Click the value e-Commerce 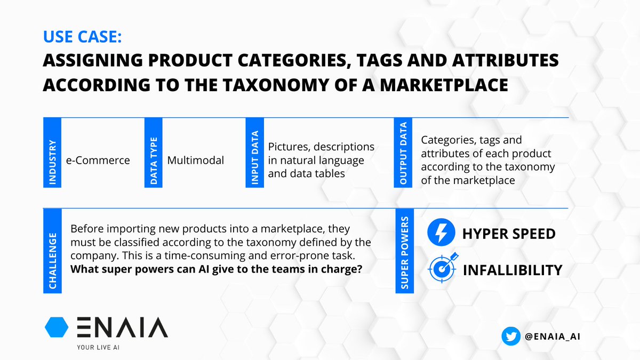click(98, 160)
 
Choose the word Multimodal click(195, 160)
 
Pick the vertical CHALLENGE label click(52, 250)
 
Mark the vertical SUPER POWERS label click(404, 250)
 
